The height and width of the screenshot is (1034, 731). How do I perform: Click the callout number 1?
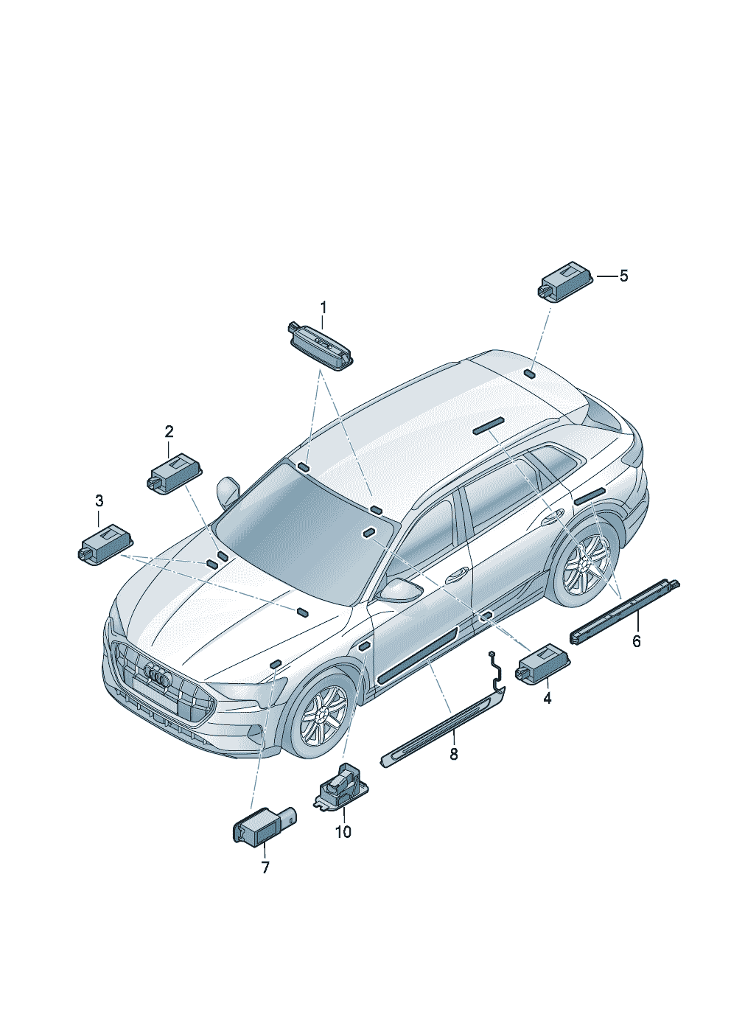point(323,307)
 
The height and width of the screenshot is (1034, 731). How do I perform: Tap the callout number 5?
point(623,276)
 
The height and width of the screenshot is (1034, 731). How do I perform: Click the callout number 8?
point(454,755)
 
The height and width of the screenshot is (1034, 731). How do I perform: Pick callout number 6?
point(637,641)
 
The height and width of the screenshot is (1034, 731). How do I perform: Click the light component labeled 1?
point(320,345)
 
